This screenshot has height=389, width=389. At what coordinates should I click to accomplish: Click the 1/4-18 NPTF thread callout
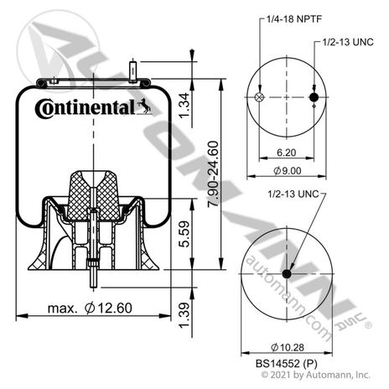(294, 19)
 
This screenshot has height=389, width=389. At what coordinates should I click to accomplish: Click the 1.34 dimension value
(184, 106)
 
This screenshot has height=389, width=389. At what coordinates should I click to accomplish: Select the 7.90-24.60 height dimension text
(213, 174)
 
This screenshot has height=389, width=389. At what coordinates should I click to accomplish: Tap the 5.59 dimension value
(184, 234)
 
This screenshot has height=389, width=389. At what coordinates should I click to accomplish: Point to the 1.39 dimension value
(184, 315)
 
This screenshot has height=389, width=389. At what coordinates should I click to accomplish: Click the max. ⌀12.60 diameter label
(90, 308)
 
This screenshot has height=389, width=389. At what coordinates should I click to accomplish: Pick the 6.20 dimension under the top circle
(287, 153)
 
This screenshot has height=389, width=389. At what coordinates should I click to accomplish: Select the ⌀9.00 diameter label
(288, 170)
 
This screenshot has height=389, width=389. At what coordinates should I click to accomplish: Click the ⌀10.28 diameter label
(288, 347)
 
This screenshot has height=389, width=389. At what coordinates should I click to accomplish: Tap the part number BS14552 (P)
(287, 364)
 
